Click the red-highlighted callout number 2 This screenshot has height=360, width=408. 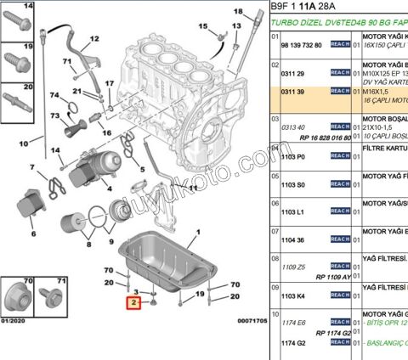[133, 303]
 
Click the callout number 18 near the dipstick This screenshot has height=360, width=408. [237, 11]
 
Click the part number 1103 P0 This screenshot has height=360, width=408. [293, 158]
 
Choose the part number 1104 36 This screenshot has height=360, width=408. [293, 240]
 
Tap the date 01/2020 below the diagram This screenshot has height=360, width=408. [14, 320]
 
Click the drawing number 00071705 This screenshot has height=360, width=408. [252, 320]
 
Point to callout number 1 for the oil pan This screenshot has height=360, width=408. [200, 232]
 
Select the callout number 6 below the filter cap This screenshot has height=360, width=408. [33, 233]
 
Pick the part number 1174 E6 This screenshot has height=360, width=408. [293, 323]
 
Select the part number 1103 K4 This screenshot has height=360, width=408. [293, 295]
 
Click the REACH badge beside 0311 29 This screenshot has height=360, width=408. [339, 74]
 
